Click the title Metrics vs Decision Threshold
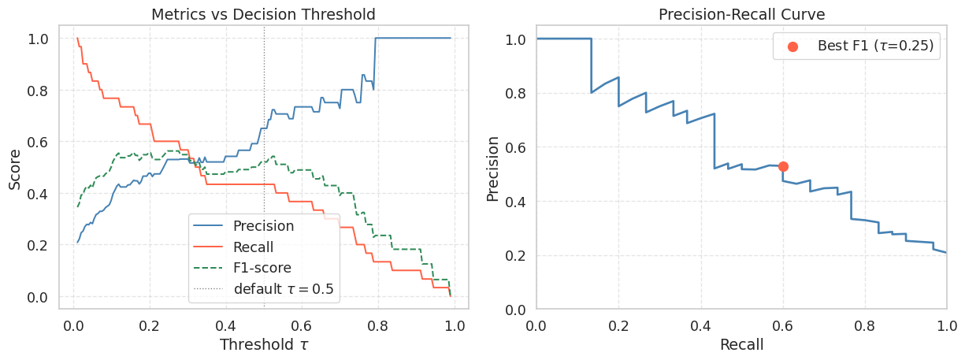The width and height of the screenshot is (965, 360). pyautogui.click(x=263, y=14)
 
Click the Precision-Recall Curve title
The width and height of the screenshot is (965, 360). pyautogui.click(x=741, y=14)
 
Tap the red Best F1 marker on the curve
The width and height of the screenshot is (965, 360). pyautogui.click(x=783, y=166)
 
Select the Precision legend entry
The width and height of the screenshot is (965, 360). pyautogui.click(x=263, y=226)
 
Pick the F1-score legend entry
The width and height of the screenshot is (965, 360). pyautogui.click(x=262, y=268)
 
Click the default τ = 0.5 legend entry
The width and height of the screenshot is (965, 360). pyautogui.click(x=283, y=289)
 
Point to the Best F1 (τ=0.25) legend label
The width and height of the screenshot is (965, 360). pyautogui.click(x=875, y=46)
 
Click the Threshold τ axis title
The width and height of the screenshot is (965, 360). pyautogui.click(x=263, y=344)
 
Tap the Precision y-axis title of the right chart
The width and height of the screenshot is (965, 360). pyautogui.click(x=493, y=169)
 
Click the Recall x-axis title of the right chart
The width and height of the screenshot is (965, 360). pyautogui.click(x=741, y=344)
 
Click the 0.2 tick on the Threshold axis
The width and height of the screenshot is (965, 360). pyautogui.click(x=150, y=324)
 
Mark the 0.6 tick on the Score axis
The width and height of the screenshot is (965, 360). pyautogui.click(x=38, y=142)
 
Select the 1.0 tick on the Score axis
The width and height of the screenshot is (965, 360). pyautogui.click(x=38, y=39)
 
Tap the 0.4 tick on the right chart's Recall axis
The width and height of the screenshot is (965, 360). pyautogui.click(x=700, y=324)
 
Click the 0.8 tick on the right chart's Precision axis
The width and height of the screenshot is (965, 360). pyautogui.click(x=516, y=93)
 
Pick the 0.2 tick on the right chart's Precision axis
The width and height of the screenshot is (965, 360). pyautogui.click(x=516, y=255)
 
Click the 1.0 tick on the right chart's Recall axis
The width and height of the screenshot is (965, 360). pyautogui.click(x=945, y=324)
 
